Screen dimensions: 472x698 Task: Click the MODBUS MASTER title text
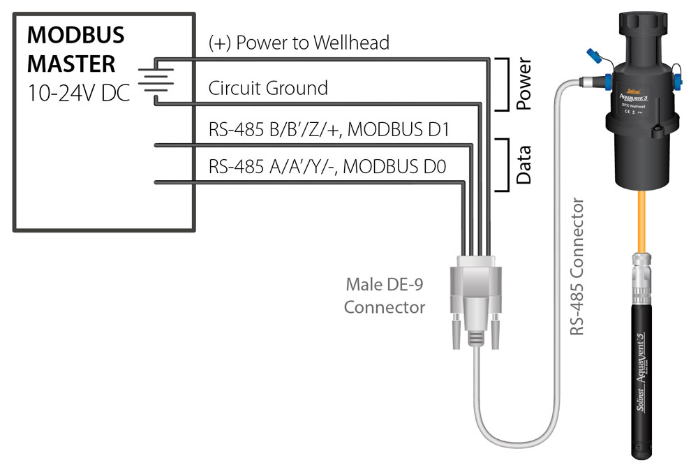(75, 49)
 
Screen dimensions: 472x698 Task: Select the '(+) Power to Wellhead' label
(299, 43)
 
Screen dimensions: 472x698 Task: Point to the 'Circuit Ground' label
(268, 88)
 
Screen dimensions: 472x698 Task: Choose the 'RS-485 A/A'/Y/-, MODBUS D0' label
(327, 168)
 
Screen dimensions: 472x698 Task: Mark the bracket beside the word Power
(503, 85)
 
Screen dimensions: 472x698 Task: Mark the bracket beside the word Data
(503, 165)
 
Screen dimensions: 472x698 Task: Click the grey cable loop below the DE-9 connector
(503, 433)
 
